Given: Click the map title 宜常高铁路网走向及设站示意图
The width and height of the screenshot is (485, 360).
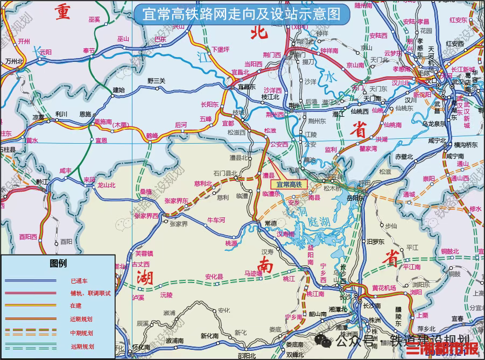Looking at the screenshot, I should (x=241, y=13).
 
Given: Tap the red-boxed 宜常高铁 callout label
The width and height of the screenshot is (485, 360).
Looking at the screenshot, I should (x=287, y=184).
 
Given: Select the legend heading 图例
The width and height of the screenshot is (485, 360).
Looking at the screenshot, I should (x=58, y=263).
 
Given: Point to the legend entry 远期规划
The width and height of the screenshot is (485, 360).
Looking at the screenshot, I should (x=82, y=347).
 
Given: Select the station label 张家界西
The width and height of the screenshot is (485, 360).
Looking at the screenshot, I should (x=146, y=216).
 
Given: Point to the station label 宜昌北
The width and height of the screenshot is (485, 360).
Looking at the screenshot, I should (x=240, y=72).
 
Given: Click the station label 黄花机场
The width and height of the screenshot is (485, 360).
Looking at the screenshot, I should (x=384, y=288).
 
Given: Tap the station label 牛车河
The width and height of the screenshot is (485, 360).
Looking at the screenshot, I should (x=216, y=220).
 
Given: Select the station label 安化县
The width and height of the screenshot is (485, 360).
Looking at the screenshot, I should (x=214, y=277).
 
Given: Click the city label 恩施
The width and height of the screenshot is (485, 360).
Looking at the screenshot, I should (x=85, y=114).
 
